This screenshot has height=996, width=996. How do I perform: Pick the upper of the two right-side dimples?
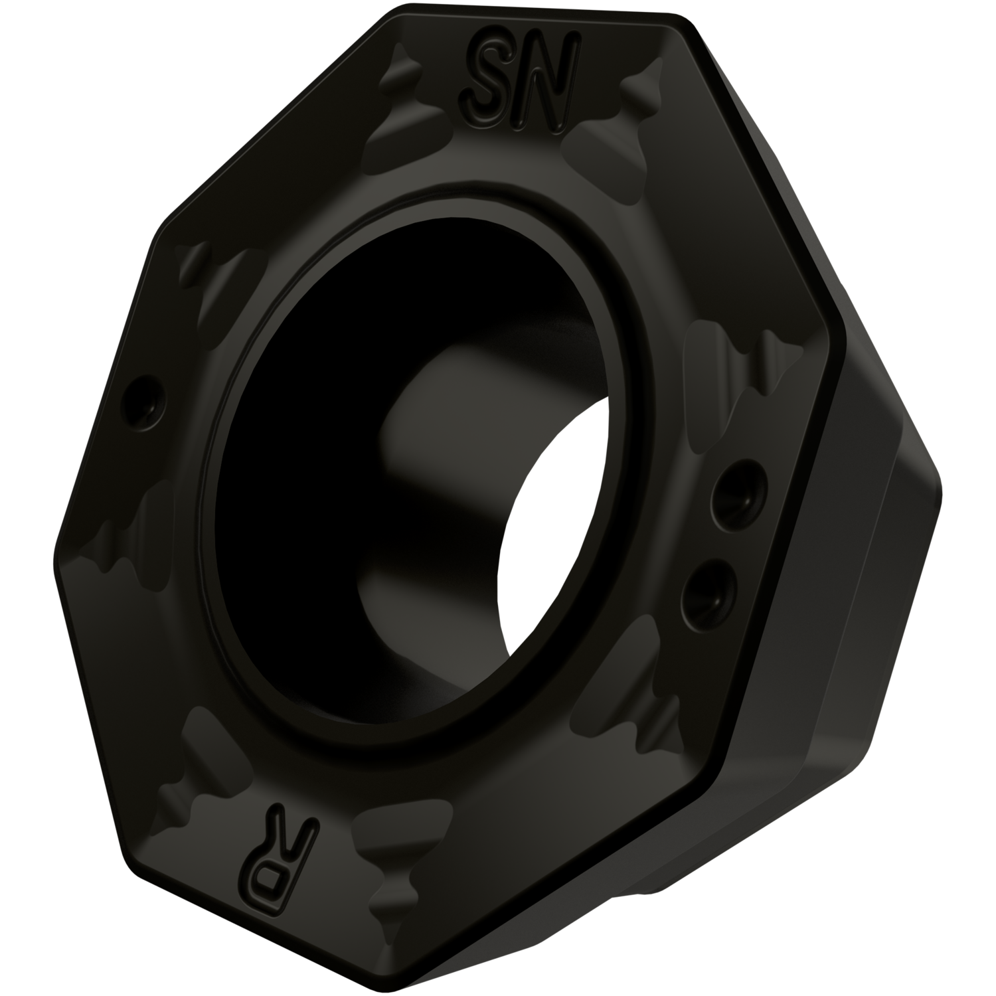[735, 493]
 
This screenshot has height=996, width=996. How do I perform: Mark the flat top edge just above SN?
[531, 20]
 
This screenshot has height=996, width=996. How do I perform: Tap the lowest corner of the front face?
[425, 989]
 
